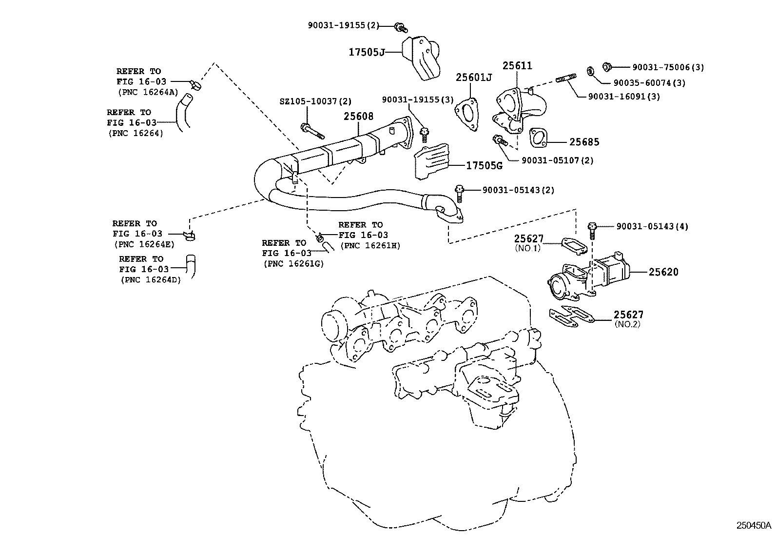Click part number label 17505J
(x=366, y=51)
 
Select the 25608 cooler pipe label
(x=358, y=116)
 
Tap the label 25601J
(x=474, y=77)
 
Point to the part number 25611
(x=517, y=65)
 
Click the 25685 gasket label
(x=584, y=142)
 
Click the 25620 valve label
(x=663, y=272)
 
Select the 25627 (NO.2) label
(x=628, y=315)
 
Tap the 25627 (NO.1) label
(x=528, y=238)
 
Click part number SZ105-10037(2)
(x=315, y=101)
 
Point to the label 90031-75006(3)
(x=668, y=67)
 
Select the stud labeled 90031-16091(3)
(x=624, y=97)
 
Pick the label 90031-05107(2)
(x=557, y=160)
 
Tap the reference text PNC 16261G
(x=293, y=263)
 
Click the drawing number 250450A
(x=754, y=525)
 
